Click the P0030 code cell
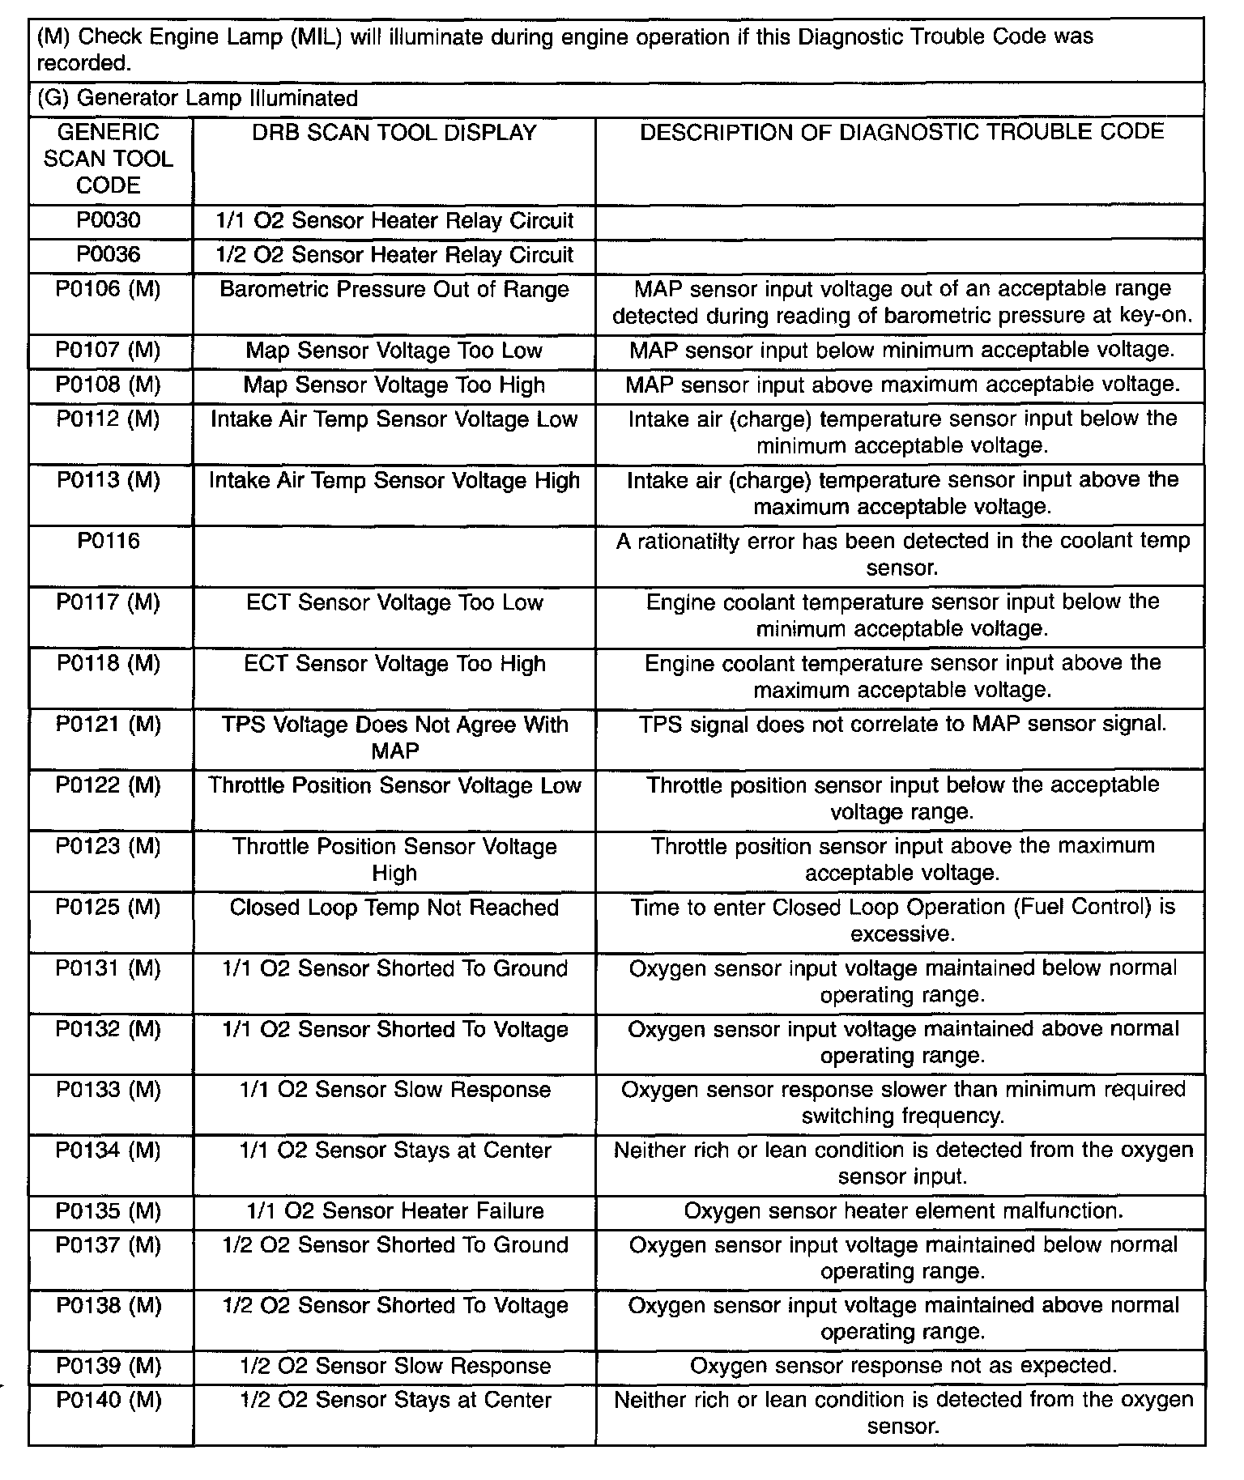point(109,221)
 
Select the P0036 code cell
point(109,255)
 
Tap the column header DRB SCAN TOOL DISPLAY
point(394,133)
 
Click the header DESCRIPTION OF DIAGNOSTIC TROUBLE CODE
point(901,132)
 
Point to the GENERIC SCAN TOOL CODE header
point(109,159)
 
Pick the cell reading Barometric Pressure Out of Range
point(394,290)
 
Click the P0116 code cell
point(109,541)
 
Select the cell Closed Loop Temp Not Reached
point(394,908)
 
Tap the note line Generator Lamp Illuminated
point(198,99)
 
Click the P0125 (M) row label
point(109,908)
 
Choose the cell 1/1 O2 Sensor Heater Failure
point(394,1211)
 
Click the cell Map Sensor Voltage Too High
point(394,385)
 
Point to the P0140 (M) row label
point(109,1401)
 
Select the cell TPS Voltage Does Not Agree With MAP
point(394,738)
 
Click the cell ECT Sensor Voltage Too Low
point(394,602)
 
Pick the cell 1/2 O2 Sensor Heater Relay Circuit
point(394,255)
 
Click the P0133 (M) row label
point(109,1090)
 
